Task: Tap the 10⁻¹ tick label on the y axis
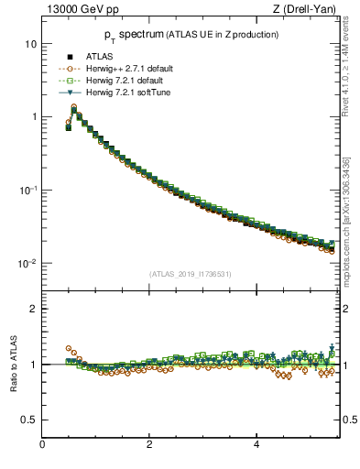pos(27,190)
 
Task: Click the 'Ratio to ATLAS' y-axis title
pos(14,364)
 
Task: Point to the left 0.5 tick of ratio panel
pos(29,420)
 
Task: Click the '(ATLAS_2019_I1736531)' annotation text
pos(190,274)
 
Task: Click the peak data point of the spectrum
pos(73,110)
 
